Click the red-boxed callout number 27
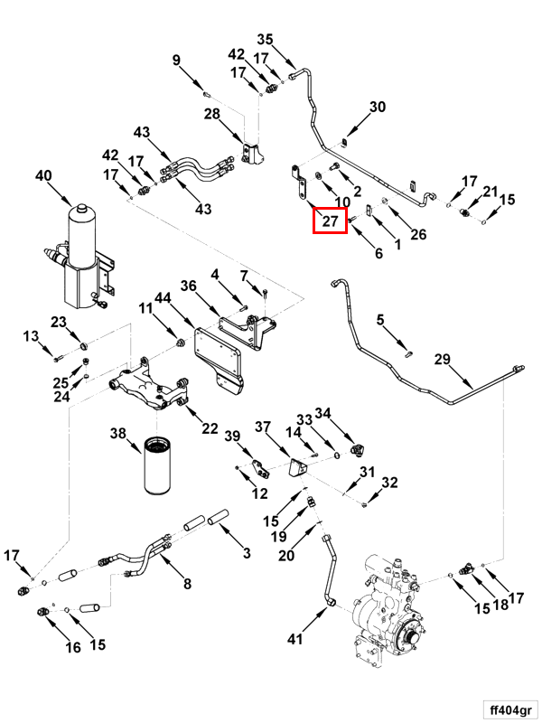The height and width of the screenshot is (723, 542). click(x=330, y=221)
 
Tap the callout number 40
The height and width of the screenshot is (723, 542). click(x=44, y=177)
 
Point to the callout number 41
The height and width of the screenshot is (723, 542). click(x=294, y=640)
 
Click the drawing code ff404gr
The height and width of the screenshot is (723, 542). click(x=508, y=708)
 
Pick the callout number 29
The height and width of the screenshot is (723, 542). click(x=442, y=360)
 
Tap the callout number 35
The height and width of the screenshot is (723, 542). click(x=265, y=39)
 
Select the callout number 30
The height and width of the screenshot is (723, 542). click(x=378, y=107)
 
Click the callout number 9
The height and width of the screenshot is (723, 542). click(x=177, y=61)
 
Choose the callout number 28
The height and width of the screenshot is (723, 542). click(x=211, y=114)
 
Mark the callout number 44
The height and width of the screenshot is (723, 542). click(x=163, y=297)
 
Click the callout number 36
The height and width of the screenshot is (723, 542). click(x=188, y=286)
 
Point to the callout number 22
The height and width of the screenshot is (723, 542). click(x=210, y=428)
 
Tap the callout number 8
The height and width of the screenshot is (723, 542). click(x=187, y=584)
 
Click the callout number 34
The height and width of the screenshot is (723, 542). click(x=322, y=414)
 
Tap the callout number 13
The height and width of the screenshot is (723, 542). click(x=32, y=336)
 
